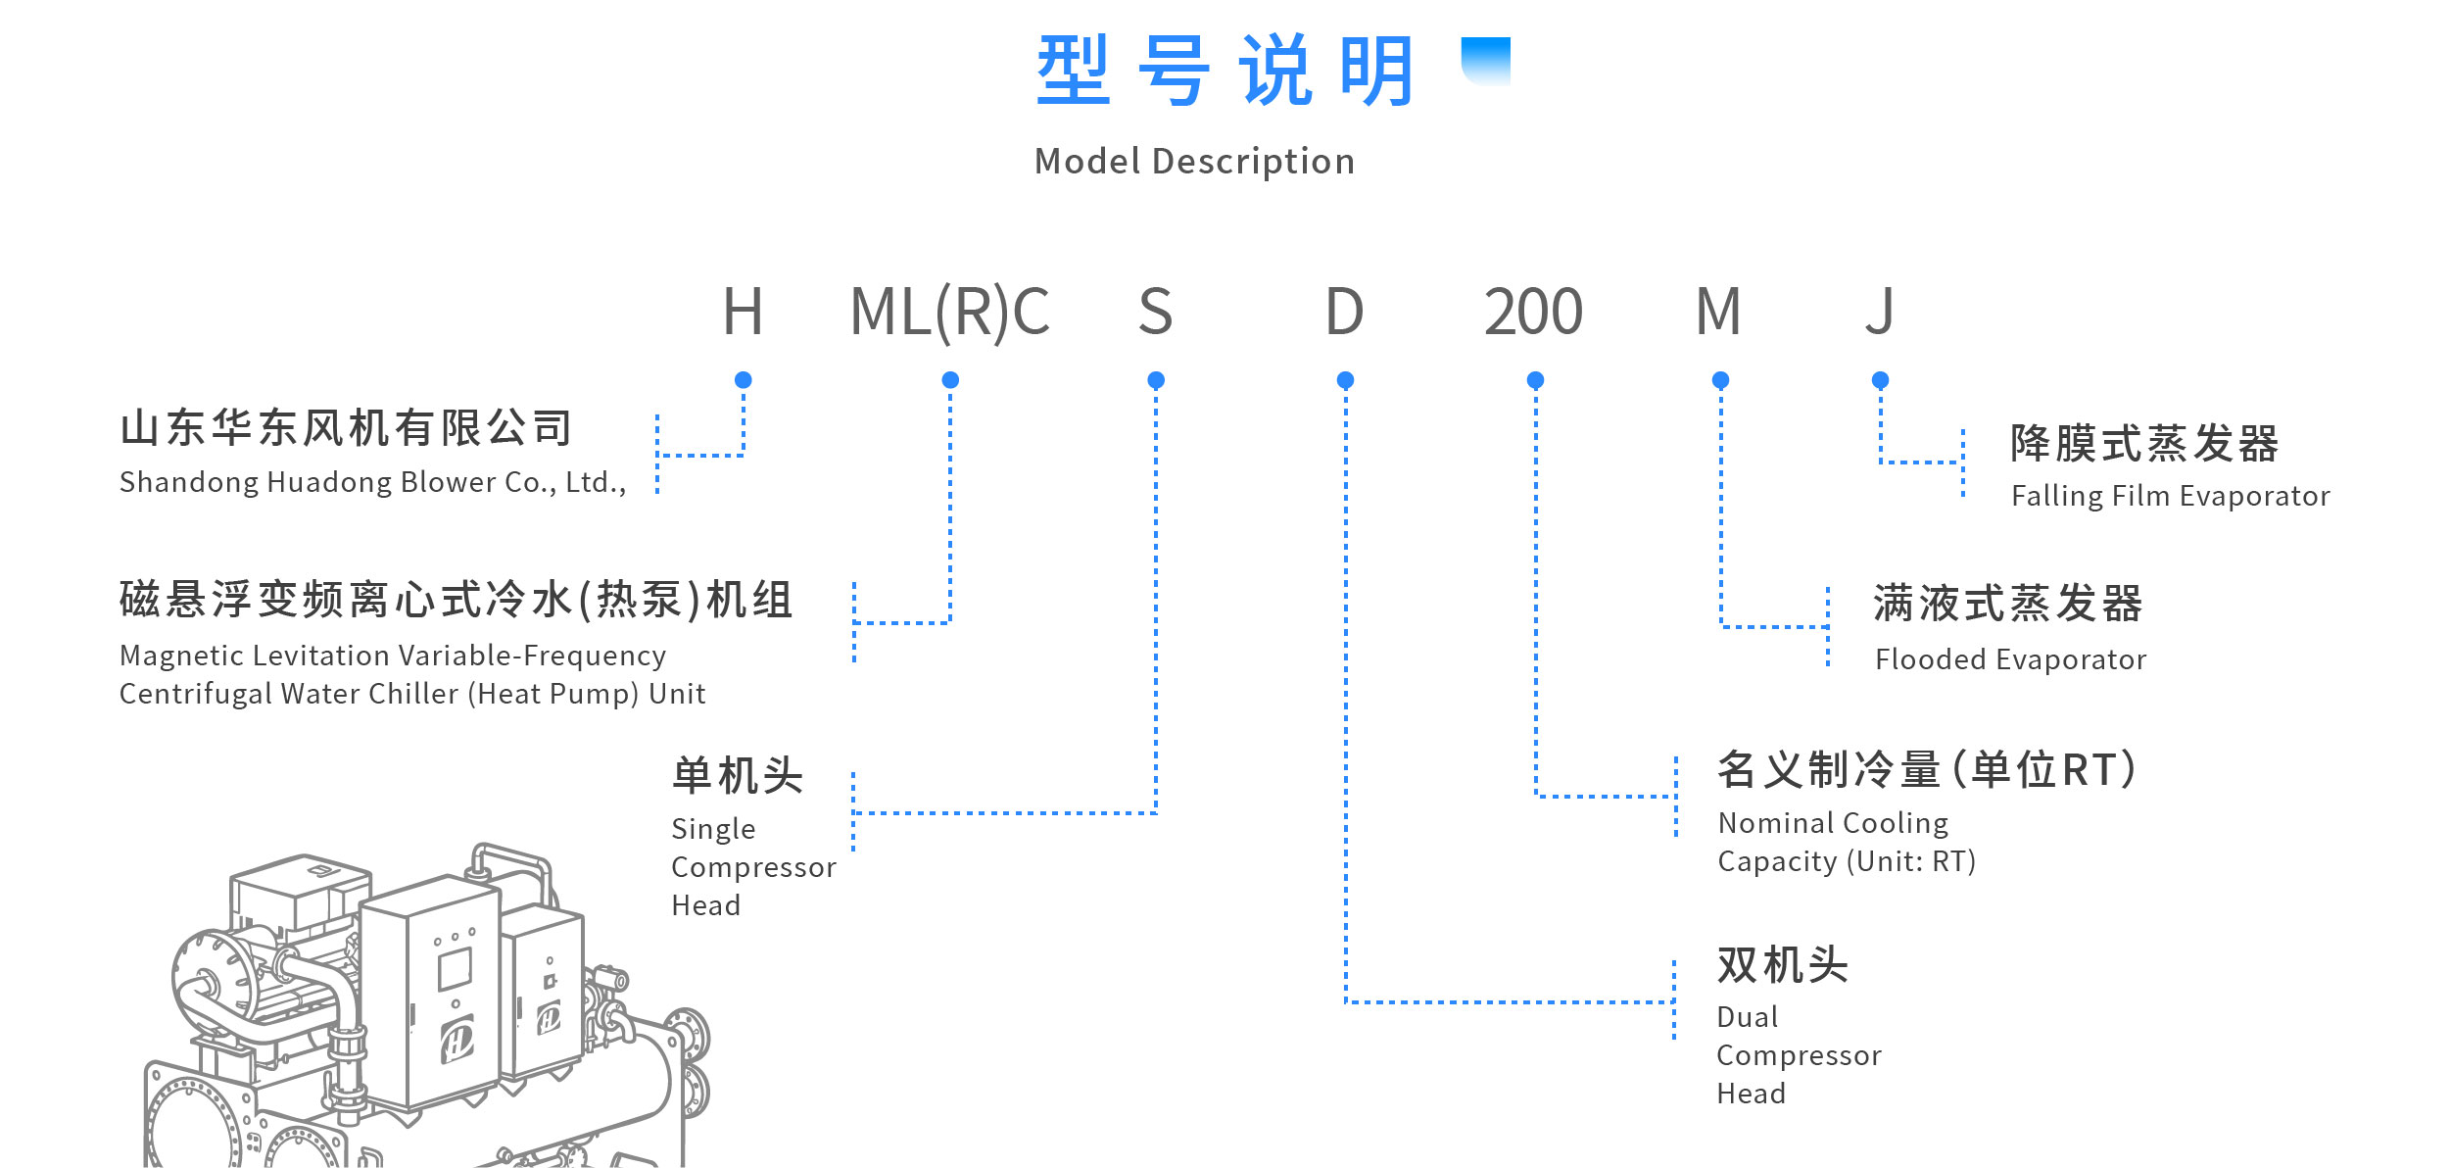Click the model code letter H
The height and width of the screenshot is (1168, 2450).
743,312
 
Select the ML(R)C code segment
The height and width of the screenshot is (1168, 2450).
950,313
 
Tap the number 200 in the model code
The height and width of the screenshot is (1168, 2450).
1533,312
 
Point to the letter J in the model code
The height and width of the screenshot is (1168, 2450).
1880,312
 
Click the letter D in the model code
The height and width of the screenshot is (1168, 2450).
1344,312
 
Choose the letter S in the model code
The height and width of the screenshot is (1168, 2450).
1156,312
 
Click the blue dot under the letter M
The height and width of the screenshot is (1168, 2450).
1720,380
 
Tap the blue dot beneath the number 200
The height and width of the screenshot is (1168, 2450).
1535,380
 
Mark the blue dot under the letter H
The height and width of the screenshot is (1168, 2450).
744,380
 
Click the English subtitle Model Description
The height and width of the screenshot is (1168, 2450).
1195,162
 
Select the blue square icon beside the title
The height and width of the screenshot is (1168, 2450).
1485,61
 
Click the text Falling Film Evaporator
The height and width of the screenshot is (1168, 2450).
2171,496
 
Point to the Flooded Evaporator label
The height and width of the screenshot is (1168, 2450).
2010,659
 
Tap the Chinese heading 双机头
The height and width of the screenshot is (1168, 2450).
1783,965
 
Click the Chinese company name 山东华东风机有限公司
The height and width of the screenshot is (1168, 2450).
346,428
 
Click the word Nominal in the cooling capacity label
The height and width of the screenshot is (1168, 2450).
1766,823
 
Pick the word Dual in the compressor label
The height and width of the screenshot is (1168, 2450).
1748,1017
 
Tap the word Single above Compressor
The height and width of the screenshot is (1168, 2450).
713,830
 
